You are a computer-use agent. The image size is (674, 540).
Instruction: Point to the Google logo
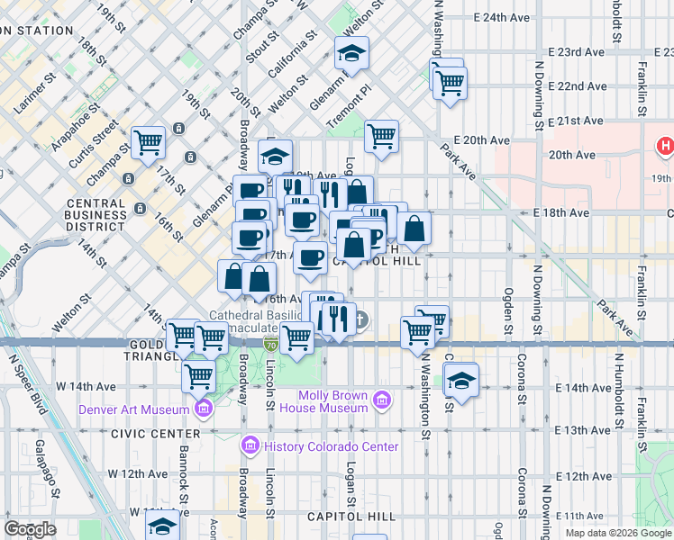point(30,529)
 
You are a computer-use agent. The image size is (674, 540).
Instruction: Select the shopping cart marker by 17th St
point(149,141)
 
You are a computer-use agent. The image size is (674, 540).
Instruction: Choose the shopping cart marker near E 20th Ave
point(382,137)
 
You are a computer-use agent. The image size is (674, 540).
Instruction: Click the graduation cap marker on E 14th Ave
point(460,380)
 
